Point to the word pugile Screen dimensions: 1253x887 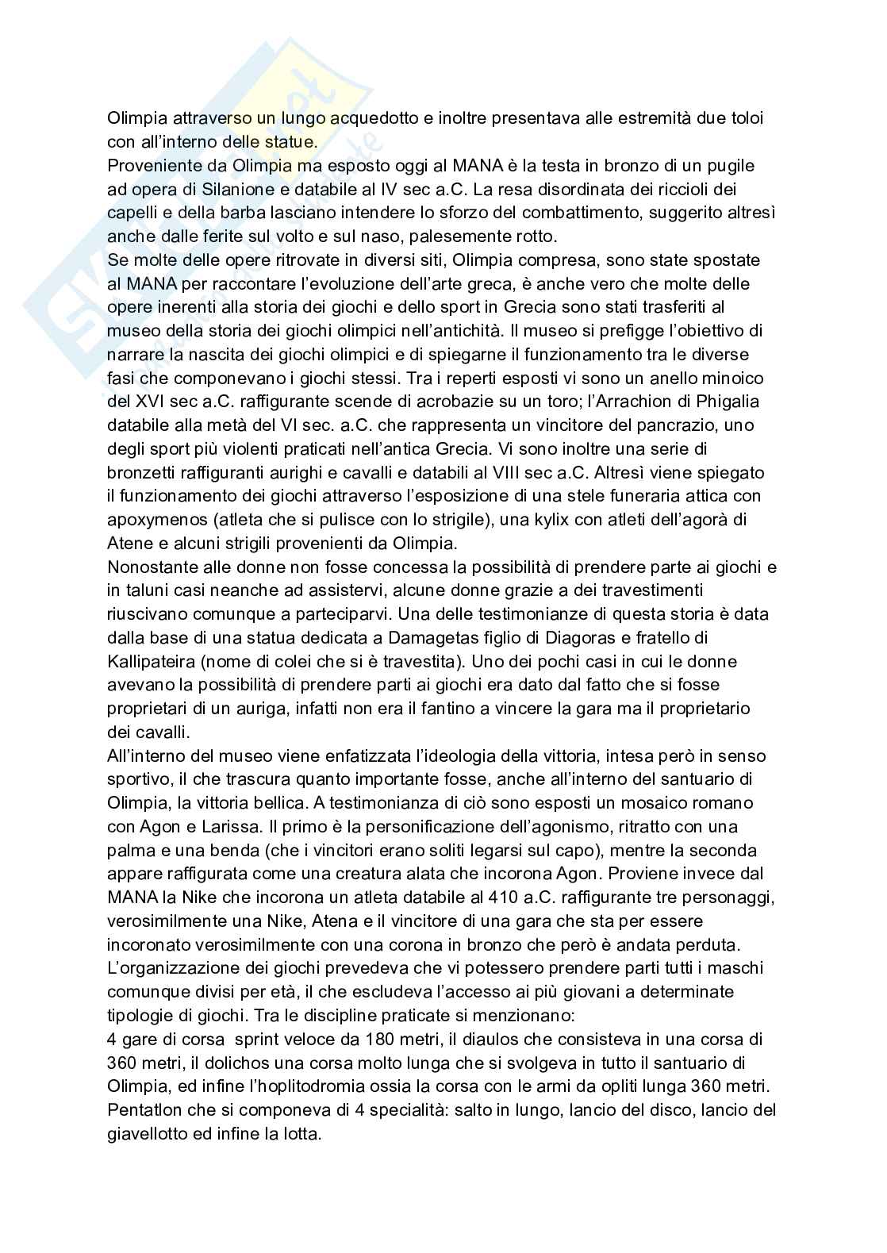point(733,166)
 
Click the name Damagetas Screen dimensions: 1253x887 point(431,638)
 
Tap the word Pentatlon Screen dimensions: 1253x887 point(144,1110)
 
